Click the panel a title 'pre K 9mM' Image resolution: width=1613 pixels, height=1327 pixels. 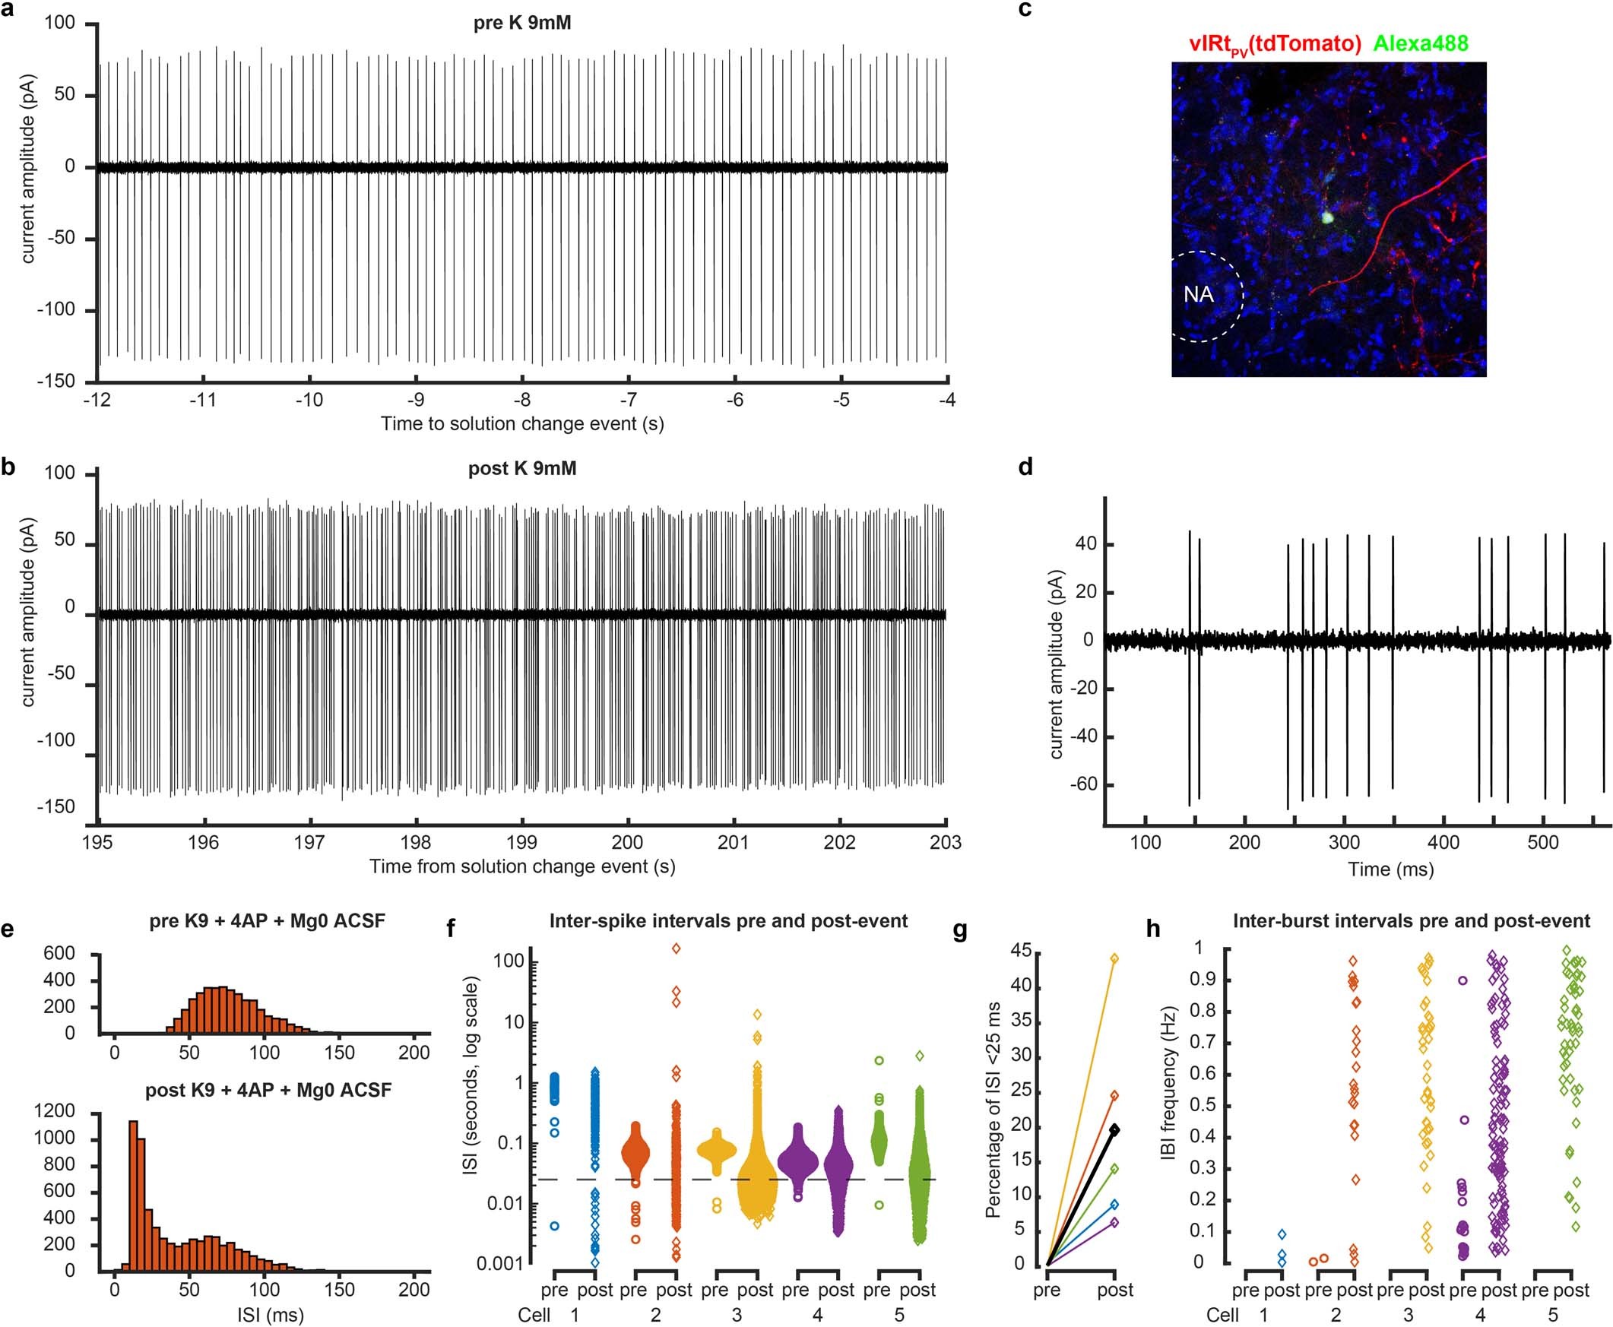521,23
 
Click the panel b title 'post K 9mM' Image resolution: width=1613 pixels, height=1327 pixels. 522,468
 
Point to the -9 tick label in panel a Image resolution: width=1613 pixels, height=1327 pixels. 415,400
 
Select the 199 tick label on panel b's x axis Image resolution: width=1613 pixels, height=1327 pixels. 522,843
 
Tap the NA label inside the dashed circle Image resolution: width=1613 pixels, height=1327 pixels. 1198,294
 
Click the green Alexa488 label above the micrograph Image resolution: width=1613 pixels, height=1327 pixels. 1421,43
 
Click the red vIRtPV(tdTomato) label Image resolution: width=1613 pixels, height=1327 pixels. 1274,44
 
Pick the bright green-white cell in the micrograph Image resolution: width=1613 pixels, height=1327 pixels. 1326,217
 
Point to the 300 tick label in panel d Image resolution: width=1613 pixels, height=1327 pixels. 1344,843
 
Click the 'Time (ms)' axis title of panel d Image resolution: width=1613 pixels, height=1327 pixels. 1390,869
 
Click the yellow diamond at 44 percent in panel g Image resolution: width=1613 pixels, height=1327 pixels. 1114,958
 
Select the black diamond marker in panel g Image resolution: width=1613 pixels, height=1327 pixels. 1115,1129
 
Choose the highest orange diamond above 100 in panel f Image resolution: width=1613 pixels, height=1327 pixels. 676,948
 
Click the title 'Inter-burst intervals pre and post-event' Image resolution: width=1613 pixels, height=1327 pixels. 1411,921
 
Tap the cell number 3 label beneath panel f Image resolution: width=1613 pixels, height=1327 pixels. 736,1315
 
